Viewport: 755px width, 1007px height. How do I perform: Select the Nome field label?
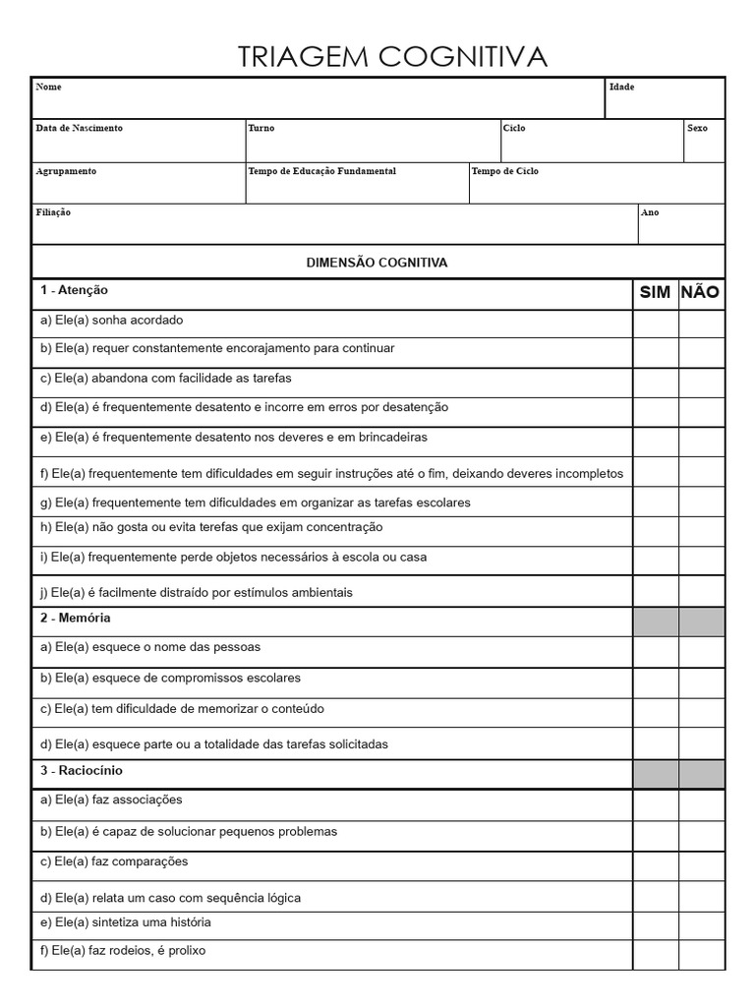click(x=48, y=88)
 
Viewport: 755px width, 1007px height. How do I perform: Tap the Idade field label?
click(x=621, y=88)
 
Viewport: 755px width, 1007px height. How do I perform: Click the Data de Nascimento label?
click(x=79, y=129)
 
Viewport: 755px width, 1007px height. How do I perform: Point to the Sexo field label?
click(x=697, y=129)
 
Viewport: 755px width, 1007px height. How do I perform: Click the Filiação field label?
click(x=53, y=212)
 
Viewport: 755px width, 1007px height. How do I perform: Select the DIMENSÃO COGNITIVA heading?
click(x=377, y=263)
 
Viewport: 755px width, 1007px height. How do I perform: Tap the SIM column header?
click(x=655, y=293)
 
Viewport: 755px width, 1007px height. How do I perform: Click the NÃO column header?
click(x=700, y=293)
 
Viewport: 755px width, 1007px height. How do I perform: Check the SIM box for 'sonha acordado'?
click(x=655, y=324)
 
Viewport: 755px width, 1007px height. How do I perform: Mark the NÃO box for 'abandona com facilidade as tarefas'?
click(x=701, y=383)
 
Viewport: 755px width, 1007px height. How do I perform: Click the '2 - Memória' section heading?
click(x=75, y=619)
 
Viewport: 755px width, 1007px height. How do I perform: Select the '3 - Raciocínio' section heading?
click(x=82, y=771)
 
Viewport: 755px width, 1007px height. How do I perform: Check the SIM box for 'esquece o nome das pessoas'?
click(x=655, y=652)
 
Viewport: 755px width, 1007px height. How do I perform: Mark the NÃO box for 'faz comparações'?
click(x=701, y=865)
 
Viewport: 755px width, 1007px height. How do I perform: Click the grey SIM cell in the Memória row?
click(x=655, y=622)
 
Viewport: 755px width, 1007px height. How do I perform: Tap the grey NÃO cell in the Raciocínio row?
click(x=701, y=774)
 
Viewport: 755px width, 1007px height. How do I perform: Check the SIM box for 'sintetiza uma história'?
click(x=655, y=925)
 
